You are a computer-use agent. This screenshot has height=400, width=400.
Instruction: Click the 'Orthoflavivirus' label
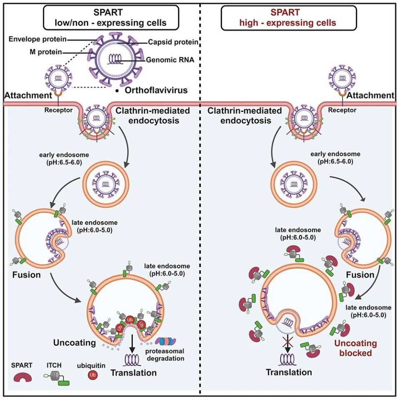point(156,90)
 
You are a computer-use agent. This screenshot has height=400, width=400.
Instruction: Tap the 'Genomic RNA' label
point(170,60)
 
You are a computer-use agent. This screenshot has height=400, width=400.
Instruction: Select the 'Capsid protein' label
point(173,42)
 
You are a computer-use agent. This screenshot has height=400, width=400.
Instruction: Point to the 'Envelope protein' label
point(37,39)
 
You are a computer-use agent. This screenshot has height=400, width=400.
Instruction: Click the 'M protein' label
point(46,52)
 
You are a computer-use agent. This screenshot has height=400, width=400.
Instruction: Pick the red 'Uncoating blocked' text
point(355,348)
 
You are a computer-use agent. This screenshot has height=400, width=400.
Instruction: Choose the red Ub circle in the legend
point(92,375)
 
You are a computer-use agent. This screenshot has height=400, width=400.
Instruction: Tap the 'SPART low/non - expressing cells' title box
point(111,18)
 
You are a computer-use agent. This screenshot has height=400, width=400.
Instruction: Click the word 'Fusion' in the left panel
point(27,275)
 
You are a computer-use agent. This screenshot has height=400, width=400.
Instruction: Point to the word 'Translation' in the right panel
point(289,372)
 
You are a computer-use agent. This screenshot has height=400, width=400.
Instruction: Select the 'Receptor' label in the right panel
point(342,110)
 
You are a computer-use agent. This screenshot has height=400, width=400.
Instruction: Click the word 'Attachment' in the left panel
point(28,95)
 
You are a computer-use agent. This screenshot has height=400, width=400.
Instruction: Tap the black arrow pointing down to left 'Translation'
point(132,343)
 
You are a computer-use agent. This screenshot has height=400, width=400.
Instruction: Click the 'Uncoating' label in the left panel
point(75,342)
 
